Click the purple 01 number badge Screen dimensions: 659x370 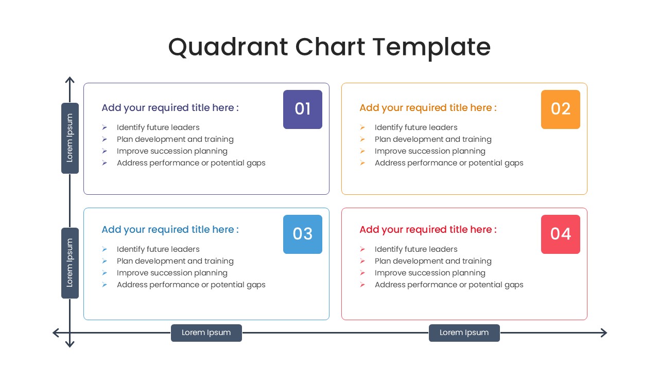click(x=302, y=109)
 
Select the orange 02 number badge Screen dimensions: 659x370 click(x=561, y=109)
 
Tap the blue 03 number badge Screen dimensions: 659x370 click(x=302, y=234)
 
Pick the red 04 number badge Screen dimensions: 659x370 click(x=561, y=234)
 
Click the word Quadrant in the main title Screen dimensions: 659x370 click(x=228, y=47)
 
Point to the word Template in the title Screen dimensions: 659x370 click(x=431, y=48)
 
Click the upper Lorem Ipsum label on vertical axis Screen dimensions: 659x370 click(x=70, y=138)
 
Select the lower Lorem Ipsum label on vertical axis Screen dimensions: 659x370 click(x=70, y=263)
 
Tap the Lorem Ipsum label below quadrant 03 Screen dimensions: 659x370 click(x=206, y=332)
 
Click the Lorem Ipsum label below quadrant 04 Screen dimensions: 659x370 click(x=464, y=332)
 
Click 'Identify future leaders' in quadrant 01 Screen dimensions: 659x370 click(x=158, y=127)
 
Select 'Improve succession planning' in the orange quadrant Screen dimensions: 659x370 click(x=430, y=151)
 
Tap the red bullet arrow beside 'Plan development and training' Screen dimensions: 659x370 click(x=362, y=261)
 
